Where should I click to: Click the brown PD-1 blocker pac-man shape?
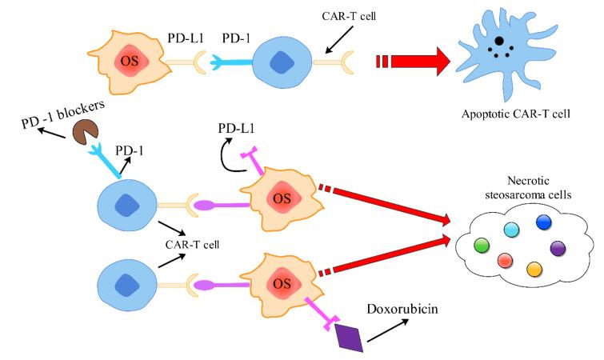pos(82,131)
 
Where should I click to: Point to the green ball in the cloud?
pos(482,244)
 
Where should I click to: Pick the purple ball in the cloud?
pos(558,248)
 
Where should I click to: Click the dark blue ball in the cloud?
pos(544,222)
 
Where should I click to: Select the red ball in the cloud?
pos(505,260)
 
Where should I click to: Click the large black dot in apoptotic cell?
pos(498,41)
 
